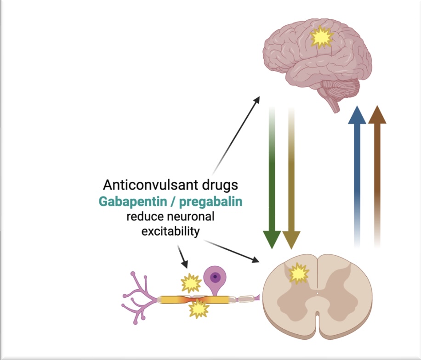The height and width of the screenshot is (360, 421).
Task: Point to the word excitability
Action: tap(171, 231)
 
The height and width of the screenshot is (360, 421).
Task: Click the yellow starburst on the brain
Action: tap(320, 38)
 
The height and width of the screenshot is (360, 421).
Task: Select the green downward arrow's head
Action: tap(272, 239)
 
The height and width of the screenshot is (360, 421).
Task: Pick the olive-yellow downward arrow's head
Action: tap(291, 239)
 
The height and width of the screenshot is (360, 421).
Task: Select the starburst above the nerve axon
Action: tap(190, 283)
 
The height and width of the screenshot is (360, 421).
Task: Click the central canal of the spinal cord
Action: tap(318, 292)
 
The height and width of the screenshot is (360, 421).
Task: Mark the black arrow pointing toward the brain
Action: tap(236, 133)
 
